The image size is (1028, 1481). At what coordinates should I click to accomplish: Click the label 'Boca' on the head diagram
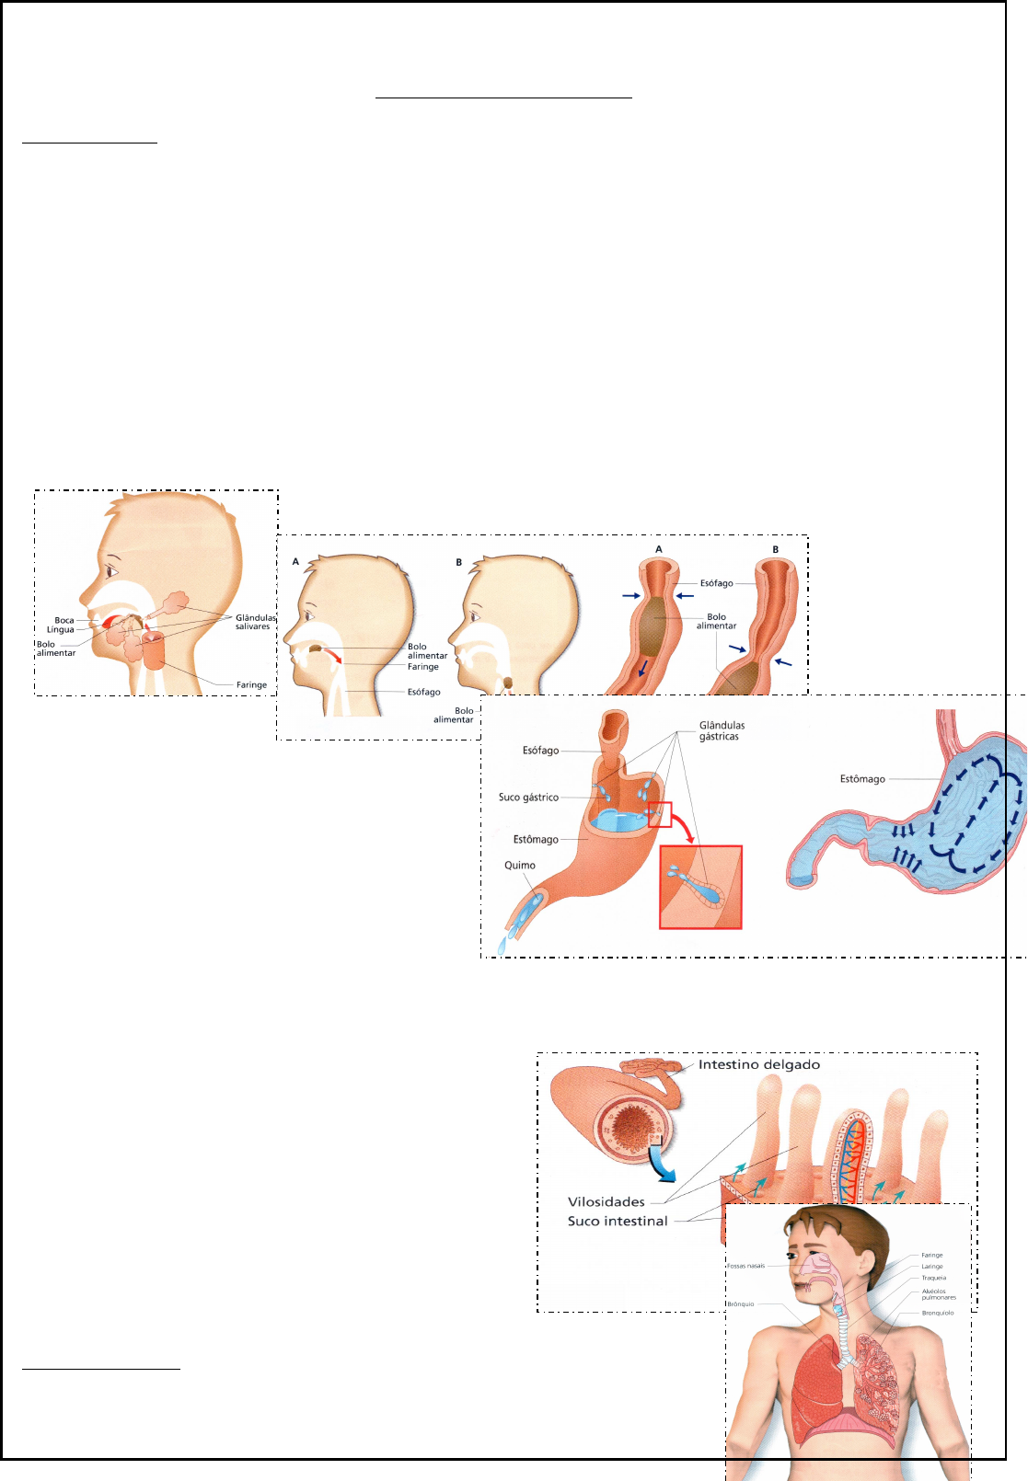click(x=64, y=621)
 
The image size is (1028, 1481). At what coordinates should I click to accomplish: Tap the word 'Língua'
click(x=61, y=630)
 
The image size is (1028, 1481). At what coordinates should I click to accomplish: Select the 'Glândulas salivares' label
click(x=255, y=623)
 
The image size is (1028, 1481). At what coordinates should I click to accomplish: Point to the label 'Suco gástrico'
click(x=528, y=798)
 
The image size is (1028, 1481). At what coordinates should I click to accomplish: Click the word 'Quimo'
click(x=520, y=866)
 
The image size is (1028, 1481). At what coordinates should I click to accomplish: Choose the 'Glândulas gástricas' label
click(x=722, y=731)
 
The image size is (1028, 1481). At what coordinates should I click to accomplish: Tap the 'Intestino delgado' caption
click(x=759, y=1065)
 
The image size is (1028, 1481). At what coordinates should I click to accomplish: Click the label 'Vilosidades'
click(x=606, y=1202)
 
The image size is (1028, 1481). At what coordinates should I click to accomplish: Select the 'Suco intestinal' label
click(x=618, y=1222)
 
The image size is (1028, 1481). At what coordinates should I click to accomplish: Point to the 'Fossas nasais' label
click(x=745, y=1266)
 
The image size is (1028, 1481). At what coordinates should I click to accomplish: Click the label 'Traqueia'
click(x=933, y=1278)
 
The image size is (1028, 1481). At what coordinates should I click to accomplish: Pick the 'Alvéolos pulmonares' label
click(x=938, y=1294)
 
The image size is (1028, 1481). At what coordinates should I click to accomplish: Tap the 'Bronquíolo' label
click(x=937, y=1313)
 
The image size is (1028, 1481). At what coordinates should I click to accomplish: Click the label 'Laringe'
click(x=932, y=1267)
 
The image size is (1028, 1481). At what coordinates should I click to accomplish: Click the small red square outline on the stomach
click(x=660, y=815)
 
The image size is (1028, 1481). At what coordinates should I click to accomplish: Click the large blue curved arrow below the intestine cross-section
click(x=661, y=1166)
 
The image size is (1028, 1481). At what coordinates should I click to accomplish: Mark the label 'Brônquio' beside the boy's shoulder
click(x=741, y=1304)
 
